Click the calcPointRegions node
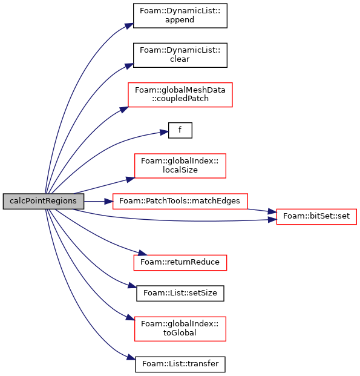tap(44, 201)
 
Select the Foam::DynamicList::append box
tap(180, 16)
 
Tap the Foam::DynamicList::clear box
tap(180, 55)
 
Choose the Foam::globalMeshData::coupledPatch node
tap(180, 94)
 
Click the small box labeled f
tap(180, 130)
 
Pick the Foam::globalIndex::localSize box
tap(180, 166)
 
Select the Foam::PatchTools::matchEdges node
tap(180, 201)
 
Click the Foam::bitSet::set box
tap(316, 217)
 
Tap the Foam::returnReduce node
tap(180, 263)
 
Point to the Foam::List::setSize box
tap(180, 293)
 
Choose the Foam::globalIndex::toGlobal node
tap(180, 329)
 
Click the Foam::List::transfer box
tap(180, 364)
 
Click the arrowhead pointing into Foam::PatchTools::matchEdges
tap(108, 201)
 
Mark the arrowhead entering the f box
tap(164, 132)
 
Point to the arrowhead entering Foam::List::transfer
tap(131, 357)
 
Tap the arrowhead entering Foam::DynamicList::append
tap(129, 25)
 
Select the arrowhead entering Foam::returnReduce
tap(142, 252)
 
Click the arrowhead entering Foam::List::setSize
tap(133, 285)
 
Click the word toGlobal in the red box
tap(180, 333)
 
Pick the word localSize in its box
tap(180, 170)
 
